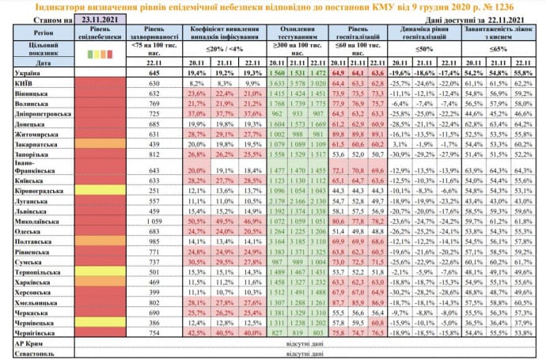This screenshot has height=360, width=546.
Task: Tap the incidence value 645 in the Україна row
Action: click(x=154, y=73)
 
